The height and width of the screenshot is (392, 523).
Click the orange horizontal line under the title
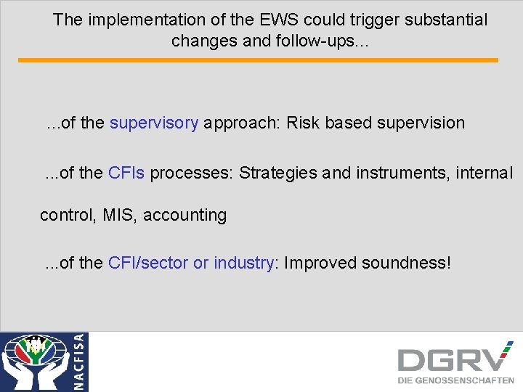(x=258, y=60)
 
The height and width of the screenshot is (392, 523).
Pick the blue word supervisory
(x=153, y=123)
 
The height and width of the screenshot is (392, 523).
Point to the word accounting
(x=185, y=216)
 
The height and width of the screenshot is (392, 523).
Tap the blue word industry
(x=243, y=262)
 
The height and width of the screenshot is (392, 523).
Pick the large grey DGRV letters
(x=454, y=359)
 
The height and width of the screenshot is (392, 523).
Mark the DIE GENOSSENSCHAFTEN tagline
(x=455, y=380)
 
